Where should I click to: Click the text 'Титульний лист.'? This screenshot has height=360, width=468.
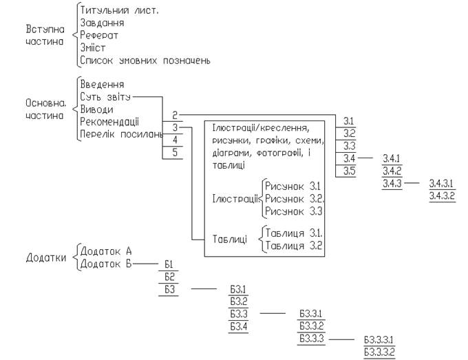[x=119, y=11]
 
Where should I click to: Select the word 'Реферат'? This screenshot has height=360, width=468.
[x=100, y=36]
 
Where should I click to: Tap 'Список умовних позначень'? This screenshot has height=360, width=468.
[x=145, y=61]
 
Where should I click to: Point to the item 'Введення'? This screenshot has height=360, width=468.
[x=102, y=85]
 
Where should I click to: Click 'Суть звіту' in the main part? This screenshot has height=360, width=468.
[x=105, y=97]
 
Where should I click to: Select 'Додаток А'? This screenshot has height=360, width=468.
[x=105, y=251]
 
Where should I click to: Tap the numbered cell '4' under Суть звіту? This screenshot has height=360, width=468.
[x=175, y=140]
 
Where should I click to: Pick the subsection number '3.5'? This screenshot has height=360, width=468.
[x=349, y=171]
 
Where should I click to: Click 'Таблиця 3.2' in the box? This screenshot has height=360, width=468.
[x=295, y=245]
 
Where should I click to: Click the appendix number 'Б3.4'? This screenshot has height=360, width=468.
[x=239, y=326]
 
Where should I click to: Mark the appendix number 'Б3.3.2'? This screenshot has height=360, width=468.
[x=311, y=326]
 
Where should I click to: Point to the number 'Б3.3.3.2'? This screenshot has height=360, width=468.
[x=378, y=352]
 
